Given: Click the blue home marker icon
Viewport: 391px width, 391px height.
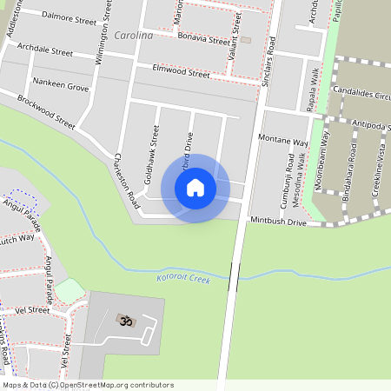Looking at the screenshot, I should (195, 188).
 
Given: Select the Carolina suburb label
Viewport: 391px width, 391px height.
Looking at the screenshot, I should (133, 36).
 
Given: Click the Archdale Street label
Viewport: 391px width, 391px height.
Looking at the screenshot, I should (45, 52).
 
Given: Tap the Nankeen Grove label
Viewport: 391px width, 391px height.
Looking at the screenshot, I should (61, 88).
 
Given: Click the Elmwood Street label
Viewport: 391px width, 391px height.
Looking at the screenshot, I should (181, 71).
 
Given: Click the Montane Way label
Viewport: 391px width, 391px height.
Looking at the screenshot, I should (283, 141).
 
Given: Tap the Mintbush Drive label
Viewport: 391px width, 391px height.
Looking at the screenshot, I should (278, 223).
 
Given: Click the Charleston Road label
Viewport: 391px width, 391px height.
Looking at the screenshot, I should (127, 180).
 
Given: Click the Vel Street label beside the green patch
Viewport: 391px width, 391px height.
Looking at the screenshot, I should (33, 309).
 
